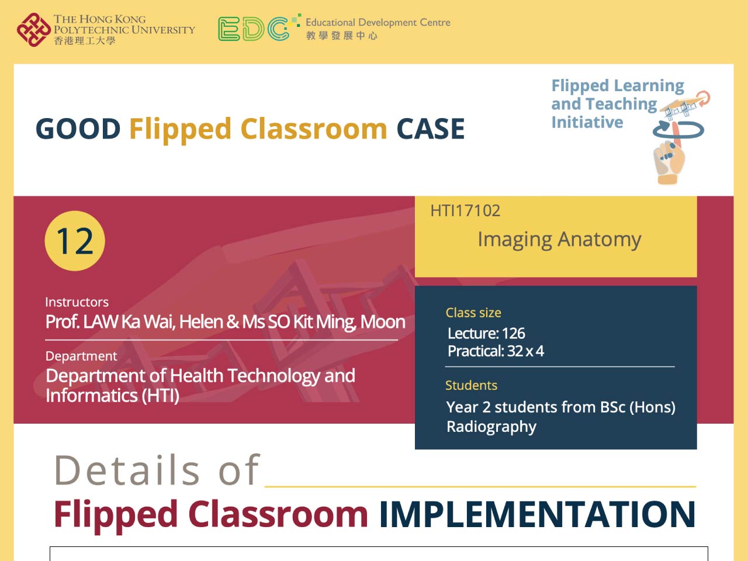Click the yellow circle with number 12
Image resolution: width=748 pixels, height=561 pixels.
coord(75,241)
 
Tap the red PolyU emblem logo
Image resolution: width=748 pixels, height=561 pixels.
coord(33,30)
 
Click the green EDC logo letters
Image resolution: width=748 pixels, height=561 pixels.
coord(254,29)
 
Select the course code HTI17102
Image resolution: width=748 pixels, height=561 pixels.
coord(465,211)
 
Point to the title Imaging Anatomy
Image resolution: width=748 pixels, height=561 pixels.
coord(559,240)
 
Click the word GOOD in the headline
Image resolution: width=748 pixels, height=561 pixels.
coord(78,129)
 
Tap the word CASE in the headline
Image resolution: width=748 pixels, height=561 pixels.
coord(431,129)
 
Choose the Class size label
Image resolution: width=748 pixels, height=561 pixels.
coord(473,313)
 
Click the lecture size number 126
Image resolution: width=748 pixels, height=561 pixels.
coord(513,334)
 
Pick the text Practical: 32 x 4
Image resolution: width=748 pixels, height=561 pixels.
coord(496,351)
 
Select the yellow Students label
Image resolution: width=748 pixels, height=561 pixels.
coord(471,386)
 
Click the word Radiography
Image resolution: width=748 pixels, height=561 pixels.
coord(491,427)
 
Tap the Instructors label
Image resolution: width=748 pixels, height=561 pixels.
coord(77,302)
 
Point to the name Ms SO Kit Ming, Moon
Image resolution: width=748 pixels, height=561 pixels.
coord(324,322)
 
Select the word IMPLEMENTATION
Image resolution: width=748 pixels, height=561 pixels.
coord(537,514)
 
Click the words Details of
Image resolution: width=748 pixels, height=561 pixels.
coord(157,470)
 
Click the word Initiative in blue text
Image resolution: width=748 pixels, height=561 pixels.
coord(587,122)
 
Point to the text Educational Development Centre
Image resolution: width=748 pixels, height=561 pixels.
coord(378,22)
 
